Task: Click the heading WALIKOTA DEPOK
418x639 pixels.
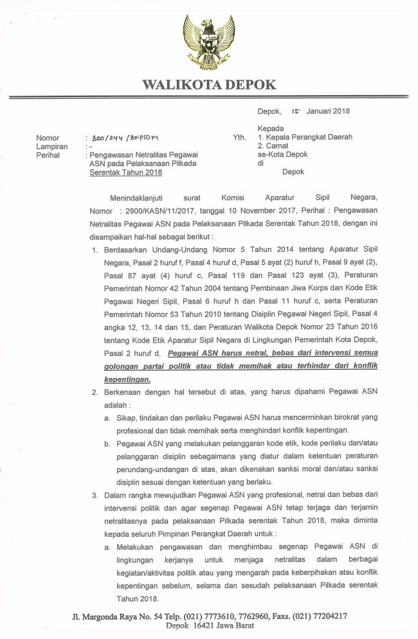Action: pos(209,84)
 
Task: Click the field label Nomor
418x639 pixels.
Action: pos(48,138)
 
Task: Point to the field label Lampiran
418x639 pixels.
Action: pos(52,147)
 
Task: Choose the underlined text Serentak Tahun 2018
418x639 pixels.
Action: pos(126,172)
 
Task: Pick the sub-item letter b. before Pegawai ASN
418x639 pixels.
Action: pos(107,444)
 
